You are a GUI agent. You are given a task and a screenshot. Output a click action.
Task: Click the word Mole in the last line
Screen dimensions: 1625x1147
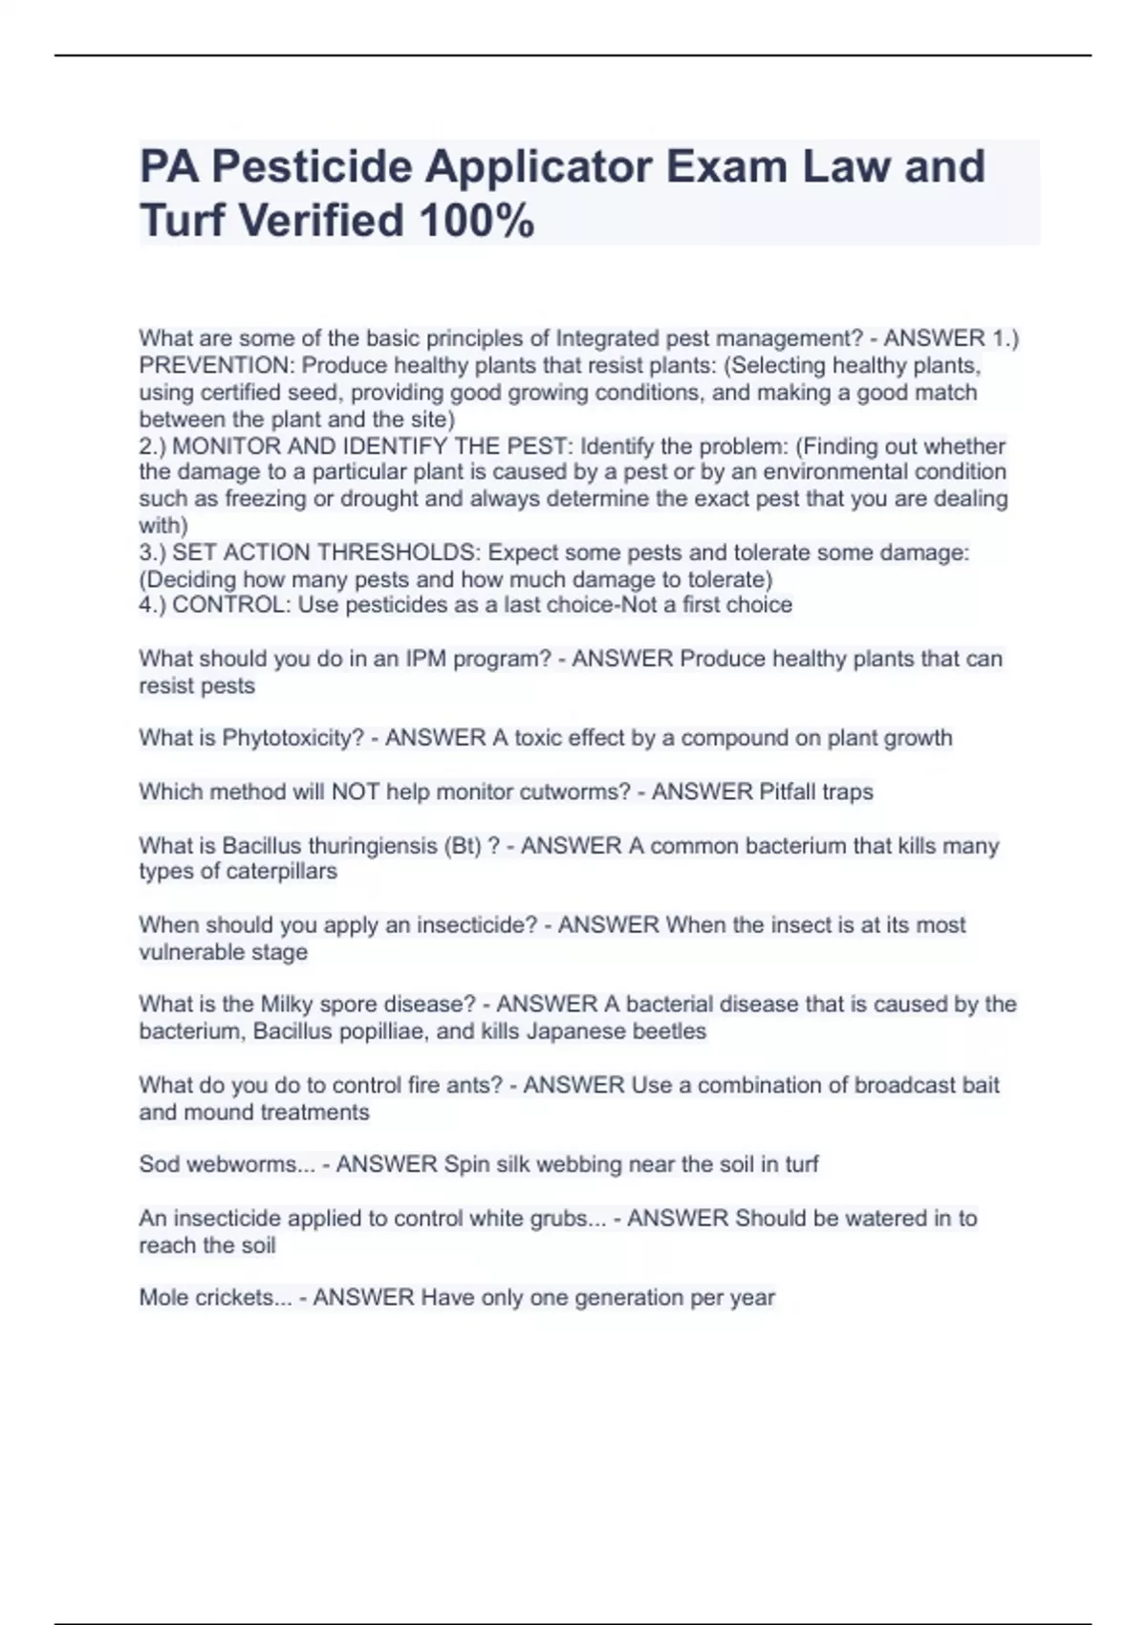[x=163, y=1298]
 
